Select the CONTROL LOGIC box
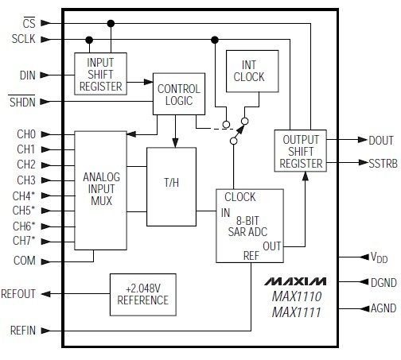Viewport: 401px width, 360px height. click(x=180, y=94)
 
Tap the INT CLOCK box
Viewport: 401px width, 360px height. click(x=249, y=72)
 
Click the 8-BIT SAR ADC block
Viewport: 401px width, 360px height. click(x=251, y=225)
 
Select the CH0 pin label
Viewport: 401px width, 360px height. click(x=25, y=134)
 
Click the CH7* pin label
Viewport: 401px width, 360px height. click(x=25, y=240)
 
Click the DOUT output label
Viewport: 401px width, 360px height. click(x=380, y=141)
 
